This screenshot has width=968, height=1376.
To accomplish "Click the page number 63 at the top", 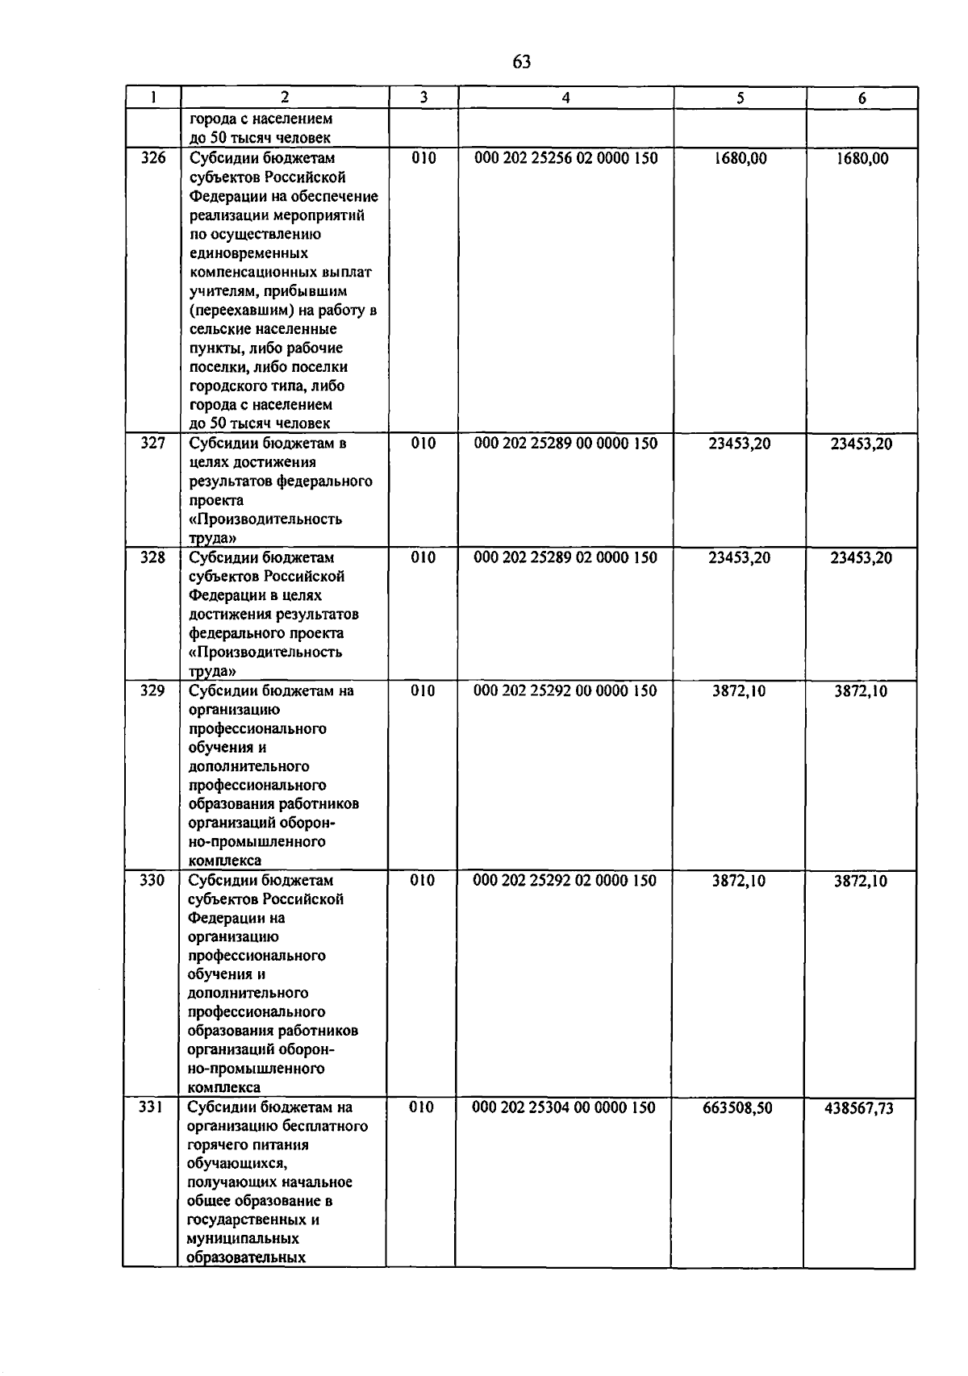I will (x=521, y=62).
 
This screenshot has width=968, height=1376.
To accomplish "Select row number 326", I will (x=153, y=158).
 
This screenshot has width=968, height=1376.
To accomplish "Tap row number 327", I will (x=153, y=443).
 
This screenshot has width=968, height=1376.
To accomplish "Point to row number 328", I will (x=153, y=557).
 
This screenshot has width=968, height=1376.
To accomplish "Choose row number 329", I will (x=152, y=690).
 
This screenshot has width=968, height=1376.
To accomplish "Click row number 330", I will (x=152, y=880).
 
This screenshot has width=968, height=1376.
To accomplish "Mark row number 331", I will (x=151, y=1107).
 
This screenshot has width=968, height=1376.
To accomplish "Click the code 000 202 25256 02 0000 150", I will (x=566, y=158).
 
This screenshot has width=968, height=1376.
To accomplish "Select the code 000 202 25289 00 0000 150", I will (x=565, y=443).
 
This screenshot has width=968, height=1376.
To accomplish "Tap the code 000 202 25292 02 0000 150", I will (x=565, y=880).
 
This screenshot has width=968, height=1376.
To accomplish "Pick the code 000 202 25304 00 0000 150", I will (x=564, y=1107).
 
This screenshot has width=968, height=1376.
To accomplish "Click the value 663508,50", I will (x=737, y=1108).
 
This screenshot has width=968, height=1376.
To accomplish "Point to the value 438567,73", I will (x=859, y=1108).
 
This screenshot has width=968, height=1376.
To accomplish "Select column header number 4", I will (x=565, y=98).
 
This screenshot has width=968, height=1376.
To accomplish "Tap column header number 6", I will (x=862, y=98).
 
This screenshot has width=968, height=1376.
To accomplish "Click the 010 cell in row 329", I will (x=423, y=690).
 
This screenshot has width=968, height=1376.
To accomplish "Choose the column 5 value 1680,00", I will (x=741, y=158).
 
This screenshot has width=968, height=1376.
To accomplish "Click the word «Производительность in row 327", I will (x=265, y=519).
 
